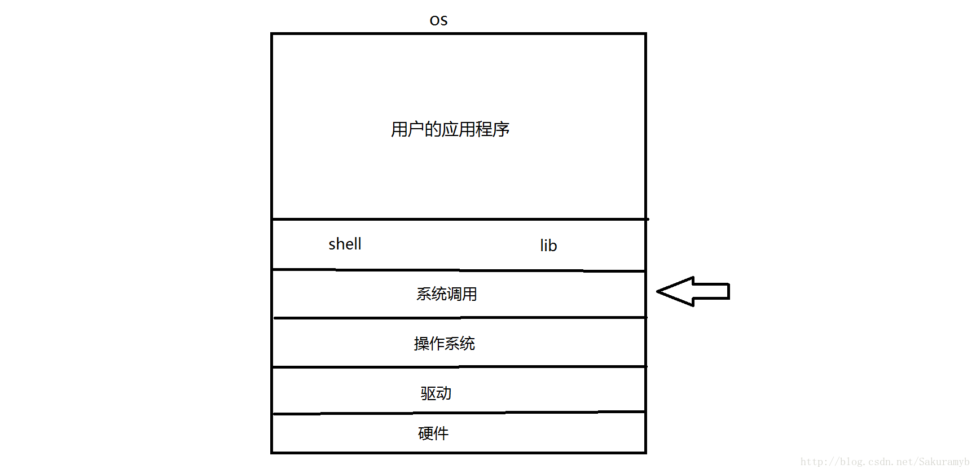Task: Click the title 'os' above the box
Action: click(x=438, y=21)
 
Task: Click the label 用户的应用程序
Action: click(x=450, y=129)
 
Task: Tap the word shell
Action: click(x=345, y=244)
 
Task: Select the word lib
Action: click(x=548, y=246)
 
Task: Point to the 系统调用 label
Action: click(x=446, y=294)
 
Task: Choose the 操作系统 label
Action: click(x=444, y=344)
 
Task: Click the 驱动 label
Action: click(x=436, y=393)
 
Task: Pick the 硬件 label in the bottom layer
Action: click(x=433, y=433)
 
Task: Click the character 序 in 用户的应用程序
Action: click(x=501, y=129)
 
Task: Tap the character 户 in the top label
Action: click(x=416, y=129)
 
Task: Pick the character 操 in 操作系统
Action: click(x=421, y=344)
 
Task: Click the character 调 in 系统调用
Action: click(x=454, y=294)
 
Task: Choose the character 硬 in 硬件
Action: click(x=425, y=433)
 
